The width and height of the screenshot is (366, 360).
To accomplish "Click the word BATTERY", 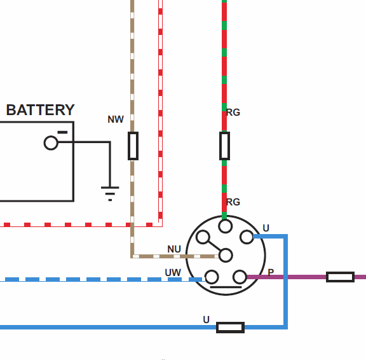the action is pyautogui.click(x=41, y=110).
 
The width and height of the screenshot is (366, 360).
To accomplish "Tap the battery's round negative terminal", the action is pyautogui.click(x=51, y=142).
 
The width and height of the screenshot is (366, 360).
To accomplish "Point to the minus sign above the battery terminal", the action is pyautogui.click(x=62, y=132).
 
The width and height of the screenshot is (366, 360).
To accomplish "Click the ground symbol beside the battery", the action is pyautogui.click(x=110, y=193).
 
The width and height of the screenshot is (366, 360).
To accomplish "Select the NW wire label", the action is pyautogui.click(x=116, y=120).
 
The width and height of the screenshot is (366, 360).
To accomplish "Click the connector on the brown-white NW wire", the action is pyautogui.click(x=133, y=146).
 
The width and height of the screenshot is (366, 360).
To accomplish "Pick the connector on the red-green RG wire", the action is pyautogui.click(x=224, y=146).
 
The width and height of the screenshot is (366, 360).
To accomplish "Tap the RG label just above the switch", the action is pyautogui.click(x=233, y=202).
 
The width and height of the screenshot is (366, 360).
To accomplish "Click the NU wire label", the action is pyautogui.click(x=174, y=249).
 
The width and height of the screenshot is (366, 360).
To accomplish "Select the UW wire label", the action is pyautogui.click(x=173, y=273).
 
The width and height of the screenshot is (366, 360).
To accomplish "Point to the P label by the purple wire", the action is pyautogui.click(x=271, y=272).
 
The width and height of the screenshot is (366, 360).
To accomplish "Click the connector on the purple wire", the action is pyautogui.click(x=341, y=277).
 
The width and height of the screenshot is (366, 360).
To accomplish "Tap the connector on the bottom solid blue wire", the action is pyautogui.click(x=231, y=328).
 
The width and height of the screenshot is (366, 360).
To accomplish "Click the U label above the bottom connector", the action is pyautogui.click(x=206, y=319).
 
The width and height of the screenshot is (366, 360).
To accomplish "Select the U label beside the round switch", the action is pyautogui.click(x=266, y=228).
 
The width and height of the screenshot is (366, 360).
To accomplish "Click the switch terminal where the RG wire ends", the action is pyautogui.click(x=225, y=226).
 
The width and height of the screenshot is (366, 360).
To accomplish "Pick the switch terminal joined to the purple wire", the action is pyautogui.click(x=240, y=277).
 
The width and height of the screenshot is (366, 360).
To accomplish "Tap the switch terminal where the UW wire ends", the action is pyautogui.click(x=212, y=277).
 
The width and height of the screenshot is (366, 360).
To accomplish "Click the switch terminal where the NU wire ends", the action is pyautogui.click(x=226, y=255).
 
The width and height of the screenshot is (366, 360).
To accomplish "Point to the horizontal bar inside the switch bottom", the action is pyautogui.click(x=226, y=287).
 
